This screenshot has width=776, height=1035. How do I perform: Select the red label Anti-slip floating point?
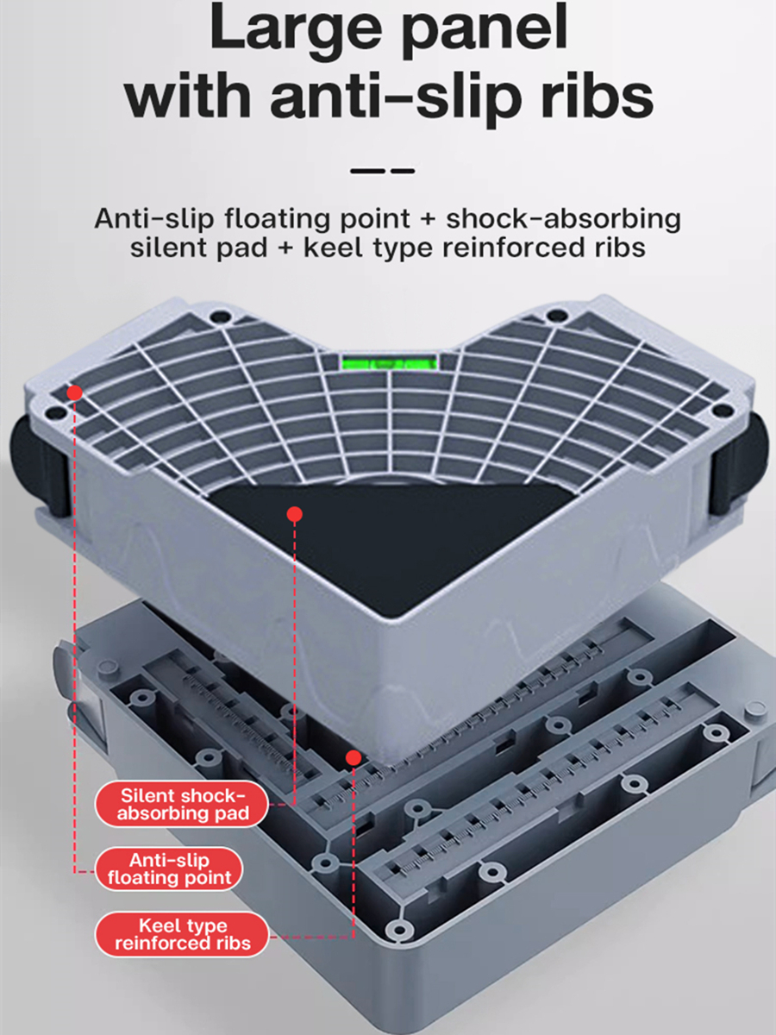pos(169,869)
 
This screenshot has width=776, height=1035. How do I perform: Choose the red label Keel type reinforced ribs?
pos(182,934)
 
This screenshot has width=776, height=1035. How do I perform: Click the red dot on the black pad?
pos(295,514)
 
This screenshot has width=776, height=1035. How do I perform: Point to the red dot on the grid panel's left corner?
pos(75,392)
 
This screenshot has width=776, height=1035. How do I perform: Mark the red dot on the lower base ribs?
pos(353,757)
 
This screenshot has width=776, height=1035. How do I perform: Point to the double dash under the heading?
pos(384,171)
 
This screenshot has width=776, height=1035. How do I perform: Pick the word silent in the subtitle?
pos(168,248)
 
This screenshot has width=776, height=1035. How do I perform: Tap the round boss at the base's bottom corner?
pos(397,929)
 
